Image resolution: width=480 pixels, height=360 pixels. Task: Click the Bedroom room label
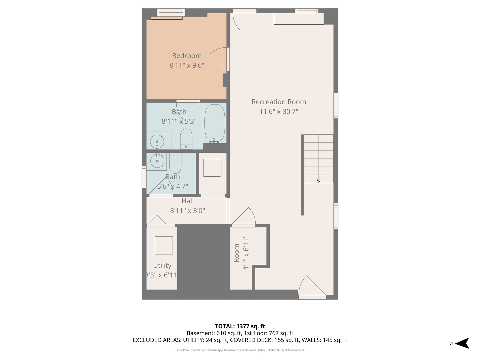click(187, 56)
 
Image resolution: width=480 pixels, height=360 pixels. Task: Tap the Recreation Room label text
click(279, 102)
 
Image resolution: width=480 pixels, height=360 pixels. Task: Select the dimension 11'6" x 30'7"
click(279, 111)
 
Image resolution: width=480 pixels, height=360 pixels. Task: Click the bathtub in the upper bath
click(215, 123)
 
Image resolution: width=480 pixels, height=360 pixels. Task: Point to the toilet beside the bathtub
click(186, 139)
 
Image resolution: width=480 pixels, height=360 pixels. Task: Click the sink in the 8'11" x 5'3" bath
click(157, 142)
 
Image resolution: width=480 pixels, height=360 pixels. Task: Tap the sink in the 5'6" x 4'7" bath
click(157, 161)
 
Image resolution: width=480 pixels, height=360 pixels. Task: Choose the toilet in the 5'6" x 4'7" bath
click(175, 163)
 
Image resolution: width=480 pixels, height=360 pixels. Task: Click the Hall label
click(187, 201)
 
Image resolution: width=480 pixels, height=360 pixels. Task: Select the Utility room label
click(162, 265)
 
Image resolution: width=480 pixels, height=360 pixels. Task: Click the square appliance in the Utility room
click(164, 245)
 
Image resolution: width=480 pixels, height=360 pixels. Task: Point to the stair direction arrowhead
click(319, 181)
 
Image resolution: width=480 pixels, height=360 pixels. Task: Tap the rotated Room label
click(236, 253)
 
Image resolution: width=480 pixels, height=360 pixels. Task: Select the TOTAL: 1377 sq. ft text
click(240, 326)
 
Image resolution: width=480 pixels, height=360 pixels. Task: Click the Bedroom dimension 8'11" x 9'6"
click(187, 65)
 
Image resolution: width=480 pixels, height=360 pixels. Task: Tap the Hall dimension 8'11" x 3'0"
click(187, 210)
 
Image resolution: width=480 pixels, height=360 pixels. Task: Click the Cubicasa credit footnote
click(240, 350)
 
